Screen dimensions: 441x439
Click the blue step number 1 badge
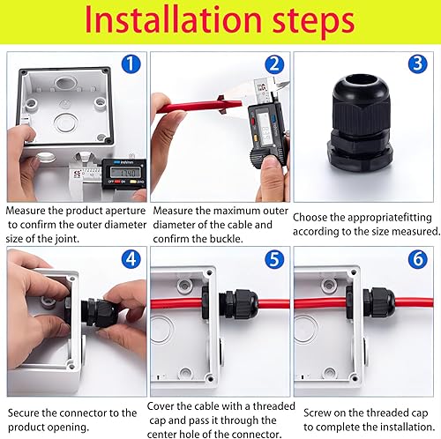click(x=131, y=64)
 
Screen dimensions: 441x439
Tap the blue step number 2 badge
click(x=274, y=64)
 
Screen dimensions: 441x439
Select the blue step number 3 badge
click(x=417, y=64)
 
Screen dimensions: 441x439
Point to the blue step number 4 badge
click(x=131, y=259)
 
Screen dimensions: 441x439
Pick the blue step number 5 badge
click(x=274, y=259)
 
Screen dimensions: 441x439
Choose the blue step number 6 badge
click(x=417, y=259)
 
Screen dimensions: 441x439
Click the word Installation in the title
click(x=173, y=20)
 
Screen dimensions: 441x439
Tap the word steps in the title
click(x=313, y=23)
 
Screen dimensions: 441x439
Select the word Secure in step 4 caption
click(x=24, y=413)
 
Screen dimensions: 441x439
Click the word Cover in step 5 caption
click(x=161, y=406)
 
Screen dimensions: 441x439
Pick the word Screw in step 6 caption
click(x=318, y=413)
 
